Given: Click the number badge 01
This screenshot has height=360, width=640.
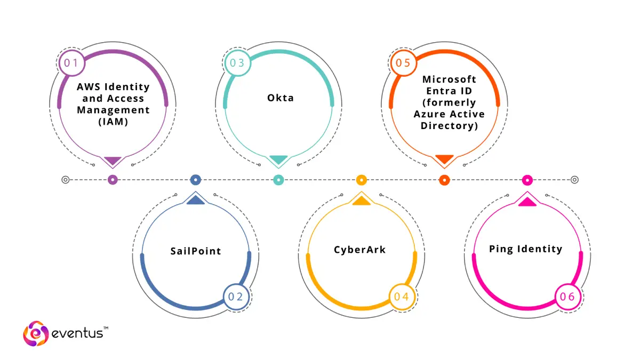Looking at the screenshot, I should point(71,63).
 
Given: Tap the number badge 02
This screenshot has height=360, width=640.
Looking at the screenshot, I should point(236,297).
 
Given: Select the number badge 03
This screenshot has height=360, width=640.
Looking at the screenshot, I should point(237,63).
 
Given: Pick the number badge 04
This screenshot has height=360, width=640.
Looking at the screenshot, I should point(402,297).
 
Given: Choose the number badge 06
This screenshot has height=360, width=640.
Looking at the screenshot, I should point(567,297).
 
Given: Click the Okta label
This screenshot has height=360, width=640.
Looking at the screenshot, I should point(281,98).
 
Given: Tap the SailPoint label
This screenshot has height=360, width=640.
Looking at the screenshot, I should point(196,251).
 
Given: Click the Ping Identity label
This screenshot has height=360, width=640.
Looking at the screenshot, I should point(526,249).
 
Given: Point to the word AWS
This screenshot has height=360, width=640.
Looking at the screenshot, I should point(89,87).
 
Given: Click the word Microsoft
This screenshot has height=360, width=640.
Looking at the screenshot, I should point(449,79).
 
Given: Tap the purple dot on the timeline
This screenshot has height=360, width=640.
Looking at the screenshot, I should point(113,180).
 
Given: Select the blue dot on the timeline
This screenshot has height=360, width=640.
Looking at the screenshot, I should point(196,180).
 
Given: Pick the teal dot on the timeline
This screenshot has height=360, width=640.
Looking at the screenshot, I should point(278,180).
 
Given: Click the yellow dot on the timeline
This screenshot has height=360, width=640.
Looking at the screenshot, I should point(362,180).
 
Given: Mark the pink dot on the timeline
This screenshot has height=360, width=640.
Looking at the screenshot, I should point(527,180).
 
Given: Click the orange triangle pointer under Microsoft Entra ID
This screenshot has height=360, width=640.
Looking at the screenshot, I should point(444,159).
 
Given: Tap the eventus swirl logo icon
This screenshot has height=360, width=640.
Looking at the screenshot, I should point(36,333).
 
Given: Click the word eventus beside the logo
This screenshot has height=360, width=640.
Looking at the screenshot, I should point(77,334).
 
